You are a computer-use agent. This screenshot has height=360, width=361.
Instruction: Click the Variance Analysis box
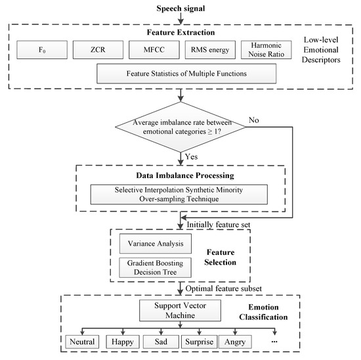155,242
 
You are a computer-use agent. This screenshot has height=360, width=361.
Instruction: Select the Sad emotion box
179,342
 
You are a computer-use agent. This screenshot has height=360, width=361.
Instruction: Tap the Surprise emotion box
228,342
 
